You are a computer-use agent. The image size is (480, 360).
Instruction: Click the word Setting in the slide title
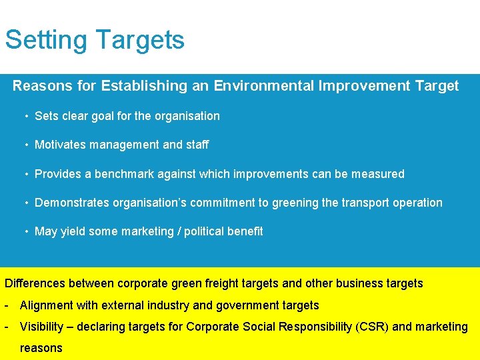46,41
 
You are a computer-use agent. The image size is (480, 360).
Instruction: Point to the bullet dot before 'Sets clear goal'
26,117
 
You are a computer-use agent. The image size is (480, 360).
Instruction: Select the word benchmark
125,174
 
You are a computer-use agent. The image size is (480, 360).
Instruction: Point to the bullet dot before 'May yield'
26,232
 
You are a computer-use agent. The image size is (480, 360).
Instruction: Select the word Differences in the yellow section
34,283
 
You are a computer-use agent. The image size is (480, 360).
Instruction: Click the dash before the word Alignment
6,306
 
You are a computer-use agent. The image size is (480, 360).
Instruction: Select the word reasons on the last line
41,348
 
